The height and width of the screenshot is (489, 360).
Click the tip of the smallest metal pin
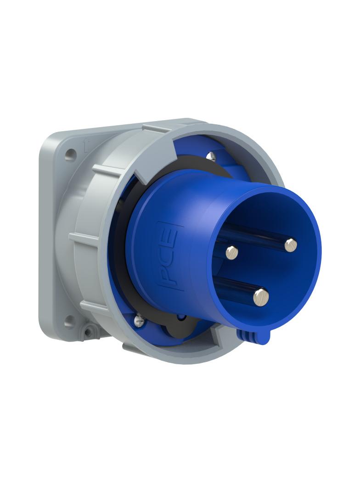tap(232, 251)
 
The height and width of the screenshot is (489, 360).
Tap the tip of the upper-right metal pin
tap(290, 245)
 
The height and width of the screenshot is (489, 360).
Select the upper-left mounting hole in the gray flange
tap(70, 155)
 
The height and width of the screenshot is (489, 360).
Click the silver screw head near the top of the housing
tap(211, 156)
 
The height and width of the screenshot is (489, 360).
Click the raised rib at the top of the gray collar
tap(156, 128)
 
